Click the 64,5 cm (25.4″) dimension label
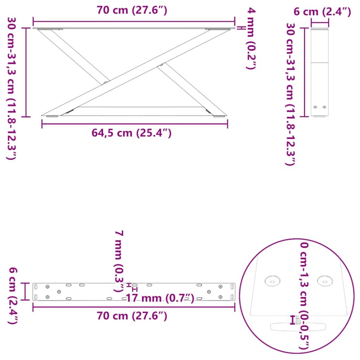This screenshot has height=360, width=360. pyautogui.click(x=132, y=133)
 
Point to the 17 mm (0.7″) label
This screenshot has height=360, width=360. pyautogui.click(x=160, y=298)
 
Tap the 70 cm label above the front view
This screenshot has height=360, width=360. pyautogui.click(x=132, y=10)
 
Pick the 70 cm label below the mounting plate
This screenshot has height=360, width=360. pyautogui.click(x=132, y=316)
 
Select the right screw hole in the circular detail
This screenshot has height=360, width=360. pyautogui.click(x=324, y=281)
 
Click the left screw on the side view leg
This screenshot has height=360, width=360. pyautogui.click(x=315, y=107)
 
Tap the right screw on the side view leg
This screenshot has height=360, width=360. pyautogui.click(x=324, y=107)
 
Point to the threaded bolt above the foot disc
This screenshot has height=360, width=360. pyautogui.click(x=298, y=320)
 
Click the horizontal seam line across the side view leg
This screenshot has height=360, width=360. pyautogui.click(x=320, y=62)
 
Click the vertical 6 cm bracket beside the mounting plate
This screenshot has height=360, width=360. pyautogui.click(x=25, y=291)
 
